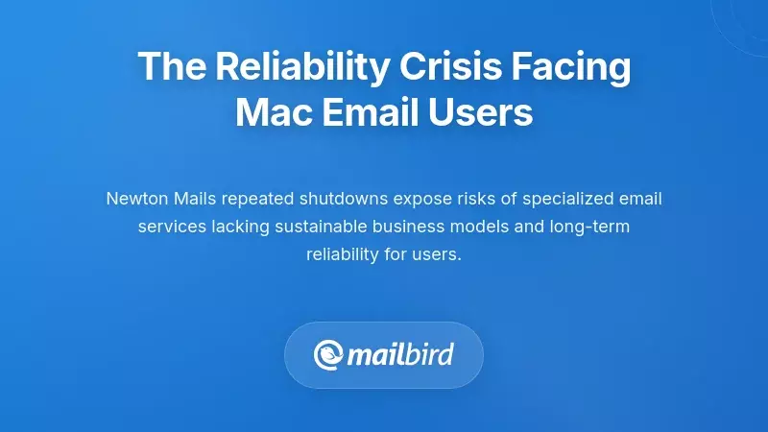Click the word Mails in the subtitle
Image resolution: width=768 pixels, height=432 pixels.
(196, 199)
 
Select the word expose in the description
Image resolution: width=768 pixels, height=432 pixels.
(423, 199)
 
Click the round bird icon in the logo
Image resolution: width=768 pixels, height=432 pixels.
(330, 355)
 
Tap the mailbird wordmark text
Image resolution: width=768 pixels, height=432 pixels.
(399, 355)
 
